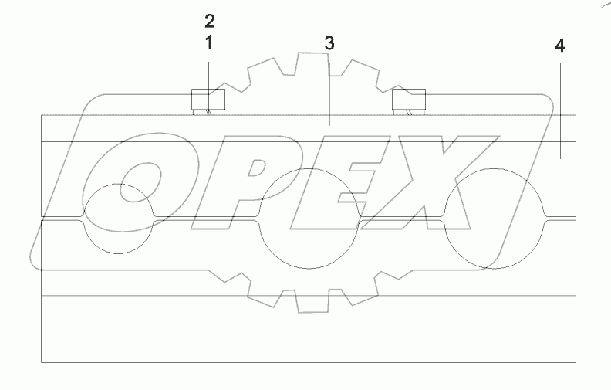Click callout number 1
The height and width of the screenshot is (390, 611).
pyautogui.click(x=208, y=43)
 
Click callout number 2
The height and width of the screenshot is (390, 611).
pyautogui.click(x=208, y=19)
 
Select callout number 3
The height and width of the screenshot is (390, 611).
pyautogui.click(x=329, y=43)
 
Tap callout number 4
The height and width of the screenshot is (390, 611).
pyautogui.click(x=559, y=46)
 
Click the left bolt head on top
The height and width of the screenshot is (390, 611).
pyautogui.click(x=208, y=100)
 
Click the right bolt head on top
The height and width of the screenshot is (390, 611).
pyautogui.click(x=410, y=100)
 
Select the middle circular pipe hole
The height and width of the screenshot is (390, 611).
pyautogui.click(x=309, y=219)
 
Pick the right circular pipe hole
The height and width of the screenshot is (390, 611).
pyautogui.click(x=495, y=219)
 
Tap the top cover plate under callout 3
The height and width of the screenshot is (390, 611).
pyautogui.click(x=309, y=128)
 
